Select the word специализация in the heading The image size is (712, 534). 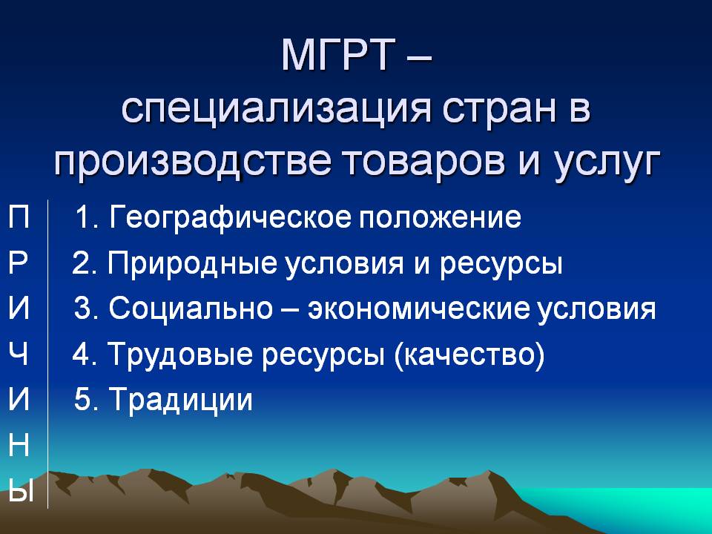[276, 110]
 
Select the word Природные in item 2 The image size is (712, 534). [191, 264]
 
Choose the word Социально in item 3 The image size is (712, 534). [191, 309]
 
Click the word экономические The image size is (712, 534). [418, 309]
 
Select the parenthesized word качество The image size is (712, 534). [469, 355]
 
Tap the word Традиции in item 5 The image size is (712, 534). [181, 400]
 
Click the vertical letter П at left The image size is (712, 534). [19, 217]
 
